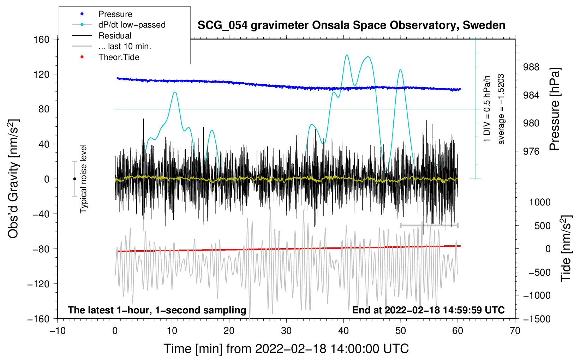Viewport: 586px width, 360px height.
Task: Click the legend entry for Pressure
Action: click(x=115, y=14)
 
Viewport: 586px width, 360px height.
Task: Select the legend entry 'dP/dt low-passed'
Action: click(x=132, y=25)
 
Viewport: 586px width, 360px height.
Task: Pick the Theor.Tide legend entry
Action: click(x=119, y=57)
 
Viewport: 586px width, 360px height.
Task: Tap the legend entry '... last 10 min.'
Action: click(x=125, y=46)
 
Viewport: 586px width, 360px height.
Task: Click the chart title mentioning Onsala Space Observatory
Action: click(x=351, y=25)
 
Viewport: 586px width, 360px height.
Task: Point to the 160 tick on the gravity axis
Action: click(x=42, y=39)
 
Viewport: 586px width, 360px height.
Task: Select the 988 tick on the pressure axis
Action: click(x=531, y=67)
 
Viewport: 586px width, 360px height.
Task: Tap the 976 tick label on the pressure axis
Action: click(x=531, y=151)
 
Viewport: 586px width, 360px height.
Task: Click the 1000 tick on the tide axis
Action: click(x=539, y=202)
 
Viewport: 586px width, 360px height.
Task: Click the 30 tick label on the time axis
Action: click(x=286, y=331)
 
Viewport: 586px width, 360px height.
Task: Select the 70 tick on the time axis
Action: click(x=515, y=331)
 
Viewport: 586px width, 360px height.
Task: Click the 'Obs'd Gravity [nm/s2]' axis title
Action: click(x=13, y=179)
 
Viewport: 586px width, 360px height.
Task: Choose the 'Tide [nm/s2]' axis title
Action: click(x=566, y=248)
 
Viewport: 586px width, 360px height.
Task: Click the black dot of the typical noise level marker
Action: click(x=74, y=179)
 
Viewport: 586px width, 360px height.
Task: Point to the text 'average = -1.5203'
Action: click(x=501, y=109)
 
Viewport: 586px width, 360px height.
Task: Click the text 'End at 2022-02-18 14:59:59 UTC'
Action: click(x=428, y=310)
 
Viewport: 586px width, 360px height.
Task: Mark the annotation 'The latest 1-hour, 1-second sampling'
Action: click(x=157, y=310)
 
